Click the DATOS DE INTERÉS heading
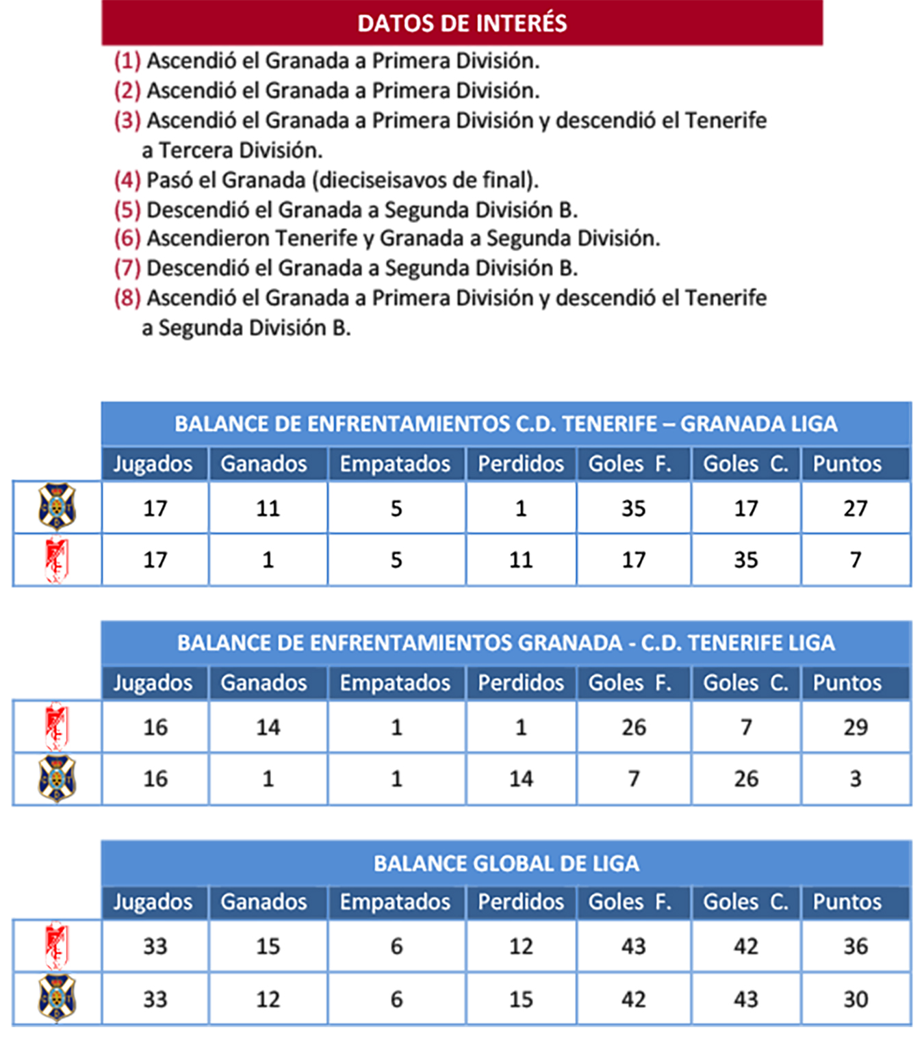[462, 23]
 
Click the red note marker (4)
[127, 180]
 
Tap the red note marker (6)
[127, 238]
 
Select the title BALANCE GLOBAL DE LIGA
[506, 864]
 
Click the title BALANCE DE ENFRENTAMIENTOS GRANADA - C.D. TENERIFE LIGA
[506, 643]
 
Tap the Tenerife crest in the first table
[57, 507]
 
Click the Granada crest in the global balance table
[57, 946]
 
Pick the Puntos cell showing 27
[856, 508]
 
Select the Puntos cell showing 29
[856, 727]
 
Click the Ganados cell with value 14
[268, 727]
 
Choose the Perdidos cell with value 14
[521, 779]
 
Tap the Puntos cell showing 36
[856, 946]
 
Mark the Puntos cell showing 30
[856, 999]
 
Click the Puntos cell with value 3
[856, 779]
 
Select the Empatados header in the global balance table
[396, 902]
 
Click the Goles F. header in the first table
[630, 464]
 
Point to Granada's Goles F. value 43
[633, 946]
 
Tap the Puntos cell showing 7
[856, 560]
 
